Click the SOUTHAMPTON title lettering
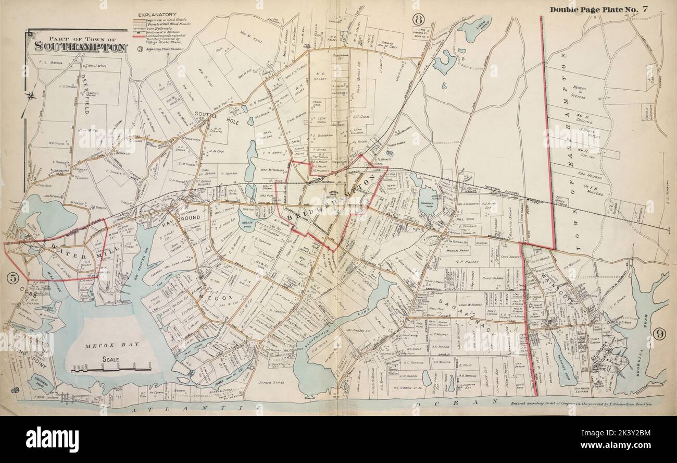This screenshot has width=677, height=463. coord(81,46)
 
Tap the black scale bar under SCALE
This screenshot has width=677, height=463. coord(118,370)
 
